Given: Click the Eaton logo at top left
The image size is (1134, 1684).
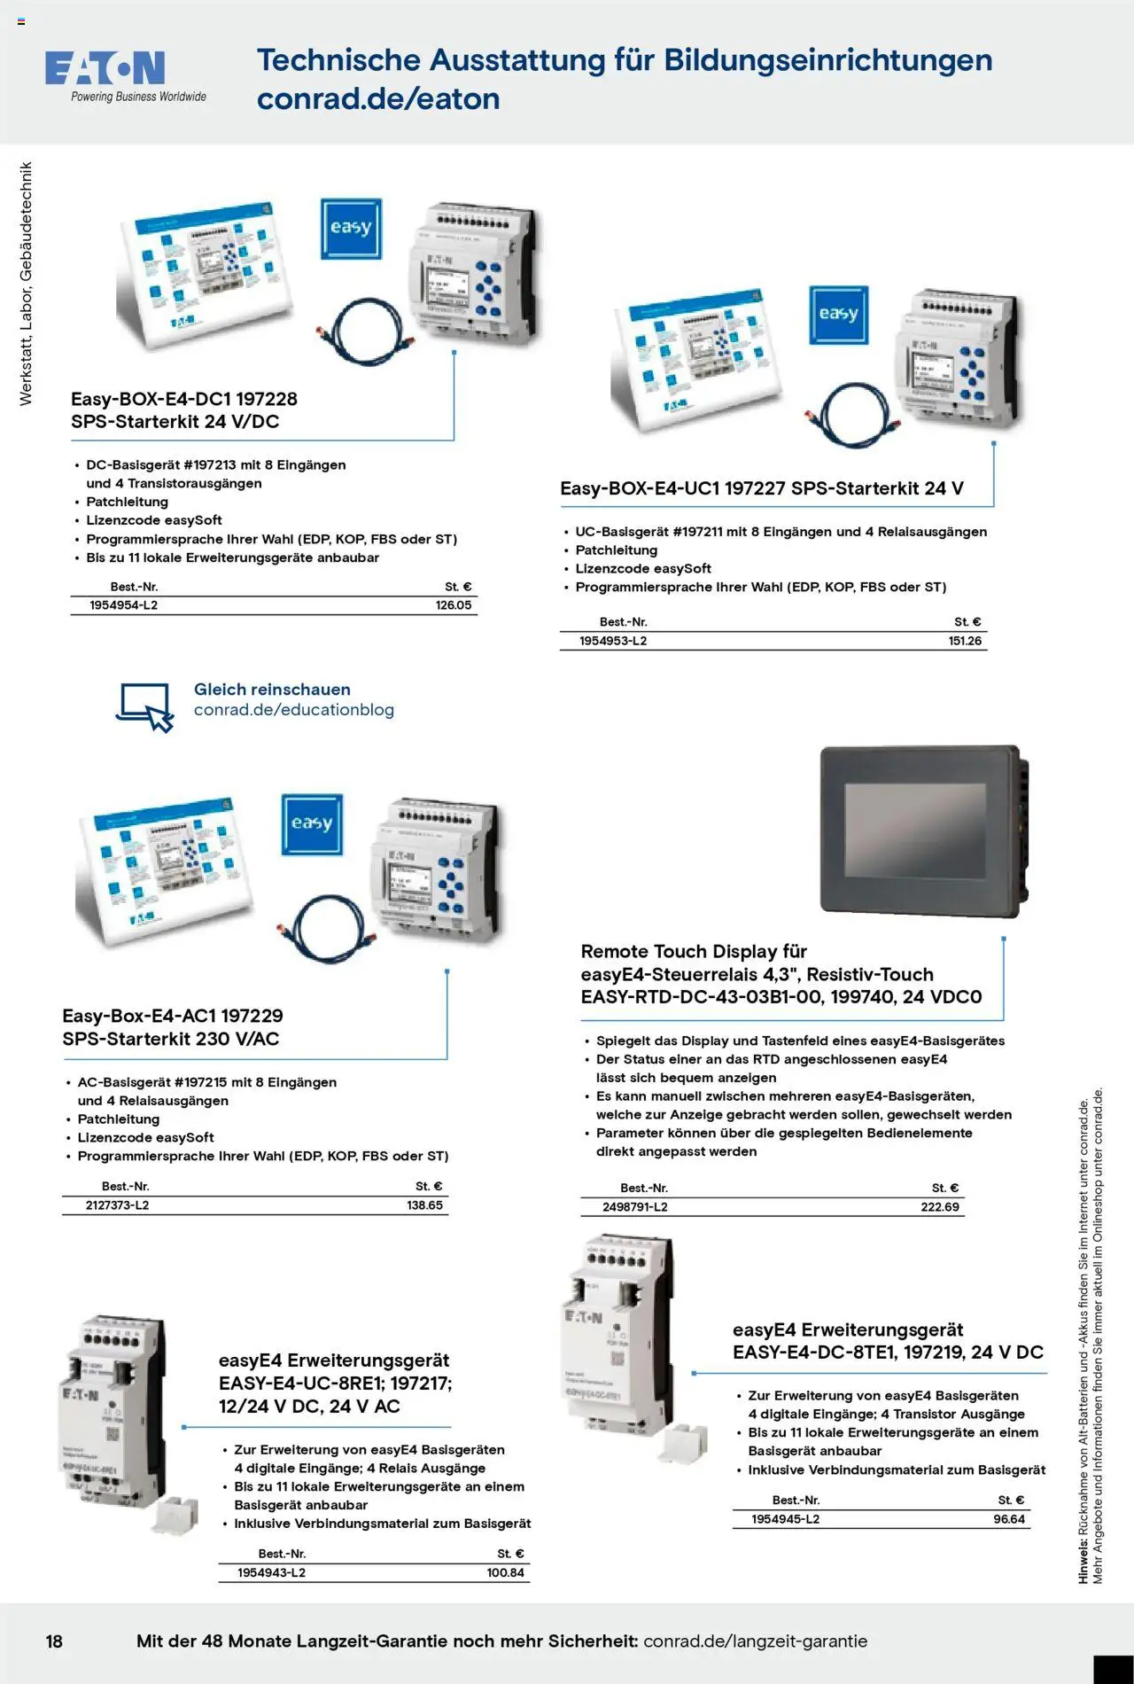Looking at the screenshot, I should pos(105,69).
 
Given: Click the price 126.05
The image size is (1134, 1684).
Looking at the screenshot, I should pos(453,605).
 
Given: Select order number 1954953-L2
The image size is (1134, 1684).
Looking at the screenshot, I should pos(613,641).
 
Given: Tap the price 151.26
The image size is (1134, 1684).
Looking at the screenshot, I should pos(965,641).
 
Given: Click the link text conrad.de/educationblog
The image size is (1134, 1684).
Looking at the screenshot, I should pos(293,710).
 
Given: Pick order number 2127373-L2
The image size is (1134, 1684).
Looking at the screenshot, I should pos(117,1205).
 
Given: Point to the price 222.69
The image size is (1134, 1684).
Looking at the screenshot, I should pos(939,1207).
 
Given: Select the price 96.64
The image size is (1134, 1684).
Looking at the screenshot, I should pos(1009,1519).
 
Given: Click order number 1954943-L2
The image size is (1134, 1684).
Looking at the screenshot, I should pos(271,1572).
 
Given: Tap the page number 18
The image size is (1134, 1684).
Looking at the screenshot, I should pos(54,1641).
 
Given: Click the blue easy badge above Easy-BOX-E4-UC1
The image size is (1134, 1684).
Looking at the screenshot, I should pos(838,315).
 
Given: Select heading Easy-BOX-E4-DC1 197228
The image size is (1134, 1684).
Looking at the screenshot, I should pos(183,399).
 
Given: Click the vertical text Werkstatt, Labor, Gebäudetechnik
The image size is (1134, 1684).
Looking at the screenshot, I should pos(26,284).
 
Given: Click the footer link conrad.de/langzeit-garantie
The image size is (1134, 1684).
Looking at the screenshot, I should pos(755,1641).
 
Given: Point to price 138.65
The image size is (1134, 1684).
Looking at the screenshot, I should pos(424,1205).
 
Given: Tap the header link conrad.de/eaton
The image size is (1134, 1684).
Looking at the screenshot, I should pos(378,99).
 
